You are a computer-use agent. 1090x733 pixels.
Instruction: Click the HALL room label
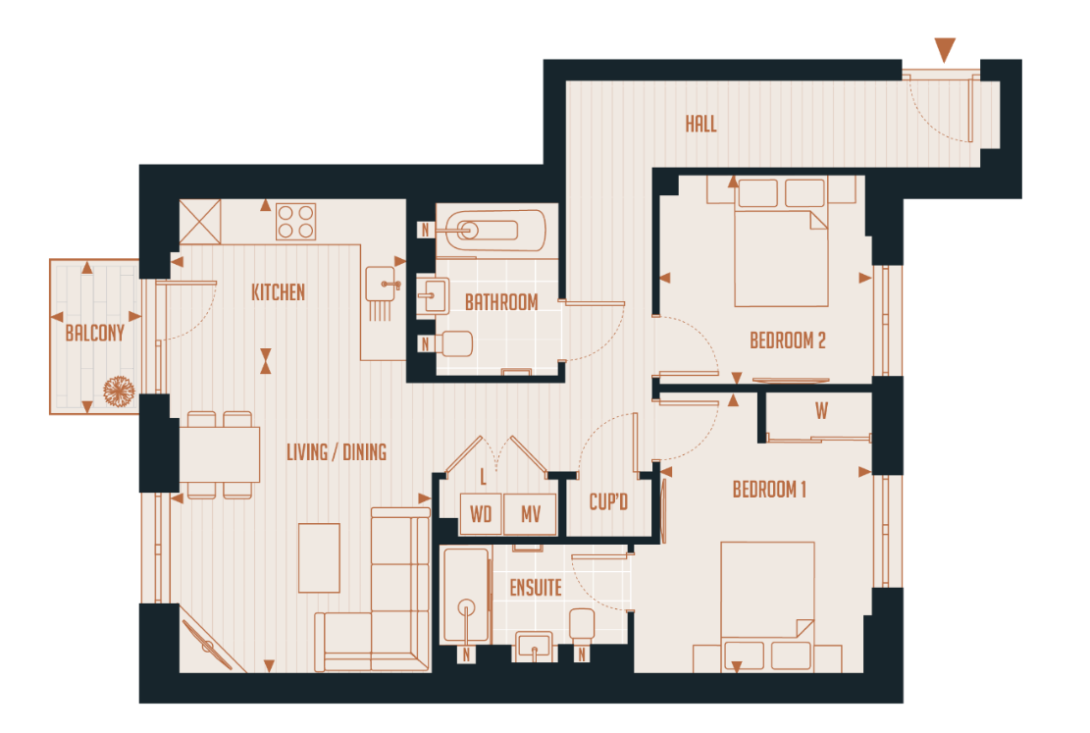(x=701, y=124)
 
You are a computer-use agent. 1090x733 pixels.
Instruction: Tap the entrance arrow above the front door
(x=945, y=50)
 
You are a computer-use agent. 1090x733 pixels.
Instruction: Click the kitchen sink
(x=383, y=285)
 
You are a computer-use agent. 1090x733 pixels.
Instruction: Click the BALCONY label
(x=95, y=333)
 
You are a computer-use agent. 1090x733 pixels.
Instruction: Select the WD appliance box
(x=481, y=514)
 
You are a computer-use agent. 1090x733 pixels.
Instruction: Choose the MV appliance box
(x=531, y=514)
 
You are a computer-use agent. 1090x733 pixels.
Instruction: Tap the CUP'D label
(x=608, y=502)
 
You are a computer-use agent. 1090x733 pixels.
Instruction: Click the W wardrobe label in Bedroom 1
(x=820, y=411)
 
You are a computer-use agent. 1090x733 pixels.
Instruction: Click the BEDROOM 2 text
(x=787, y=340)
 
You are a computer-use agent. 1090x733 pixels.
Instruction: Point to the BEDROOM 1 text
(x=769, y=489)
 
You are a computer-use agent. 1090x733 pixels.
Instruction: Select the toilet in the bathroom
(x=454, y=343)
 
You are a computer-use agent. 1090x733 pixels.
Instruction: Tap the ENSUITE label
(x=536, y=588)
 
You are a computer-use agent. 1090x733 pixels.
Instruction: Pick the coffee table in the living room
(x=319, y=557)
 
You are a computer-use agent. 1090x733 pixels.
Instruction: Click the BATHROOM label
(x=501, y=302)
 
